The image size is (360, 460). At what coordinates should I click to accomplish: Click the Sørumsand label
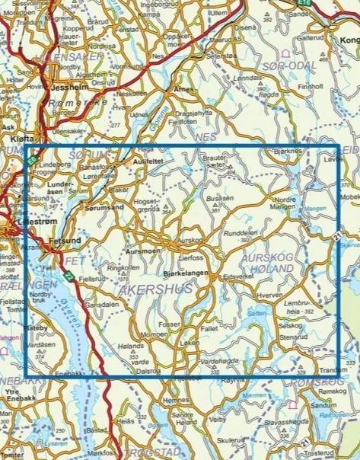(x=104, y=207)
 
